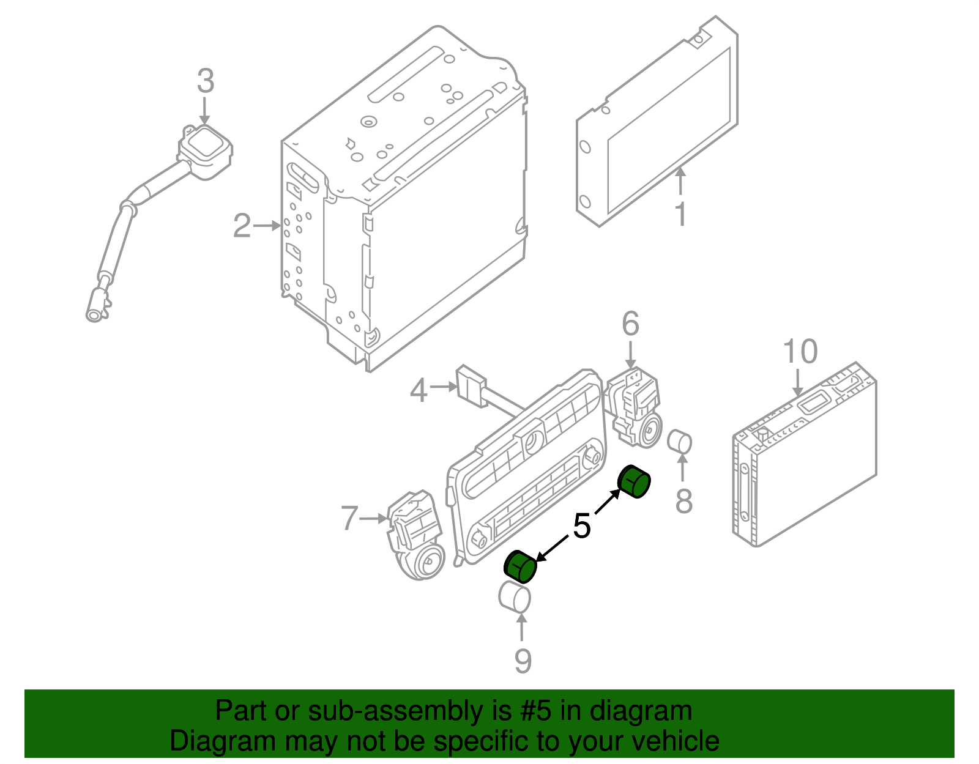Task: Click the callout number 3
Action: point(206,81)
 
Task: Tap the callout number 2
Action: point(242,226)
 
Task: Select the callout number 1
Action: point(680,214)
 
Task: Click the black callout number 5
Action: point(581,525)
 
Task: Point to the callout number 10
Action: point(800,352)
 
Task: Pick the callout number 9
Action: point(522,661)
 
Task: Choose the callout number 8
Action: point(683,501)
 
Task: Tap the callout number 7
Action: point(349,518)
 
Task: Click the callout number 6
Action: point(630,324)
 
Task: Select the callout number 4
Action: point(419,390)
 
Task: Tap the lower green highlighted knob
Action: point(519,566)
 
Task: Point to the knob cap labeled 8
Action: point(679,442)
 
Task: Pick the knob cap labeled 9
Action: point(515,596)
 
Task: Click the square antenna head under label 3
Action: point(206,147)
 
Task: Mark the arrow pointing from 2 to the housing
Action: point(267,226)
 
